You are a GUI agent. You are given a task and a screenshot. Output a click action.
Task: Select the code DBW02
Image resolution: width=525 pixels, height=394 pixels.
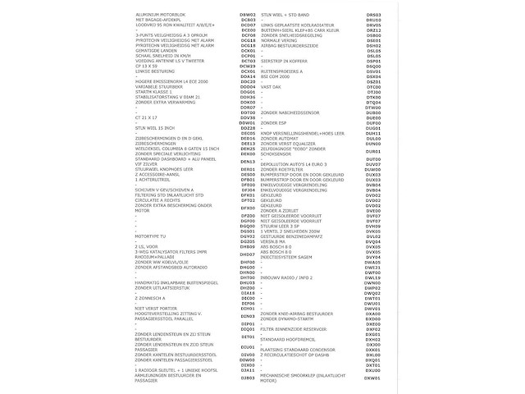click(x=248, y=15)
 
